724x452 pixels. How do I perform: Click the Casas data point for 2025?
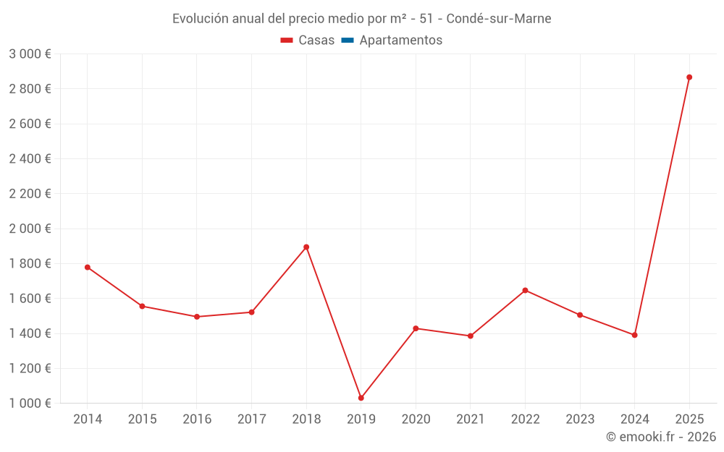tap(689, 77)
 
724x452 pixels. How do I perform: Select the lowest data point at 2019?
tap(361, 398)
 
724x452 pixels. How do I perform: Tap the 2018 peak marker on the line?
tap(306, 247)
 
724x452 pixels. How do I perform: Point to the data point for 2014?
tap(88, 267)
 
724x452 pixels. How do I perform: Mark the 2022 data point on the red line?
tap(525, 291)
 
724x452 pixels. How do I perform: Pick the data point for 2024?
tap(634, 335)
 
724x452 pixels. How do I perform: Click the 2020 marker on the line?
tap(416, 328)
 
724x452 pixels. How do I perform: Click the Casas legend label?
tap(316, 40)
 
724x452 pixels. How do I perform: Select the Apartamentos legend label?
tap(400, 40)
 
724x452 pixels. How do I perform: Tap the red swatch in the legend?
tap(287, 40)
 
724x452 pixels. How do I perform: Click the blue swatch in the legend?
tap(347, 40)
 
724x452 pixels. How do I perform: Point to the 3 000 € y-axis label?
tap(30, 54)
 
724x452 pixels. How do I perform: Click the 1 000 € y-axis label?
tap(30, 404)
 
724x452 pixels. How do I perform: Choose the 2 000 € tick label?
tap(30, 229)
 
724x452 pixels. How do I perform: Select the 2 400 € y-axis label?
tap(30, 159)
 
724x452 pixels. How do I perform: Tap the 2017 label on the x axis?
tap(251, 419)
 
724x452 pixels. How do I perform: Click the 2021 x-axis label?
tap(471, 419)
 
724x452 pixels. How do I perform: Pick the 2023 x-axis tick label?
tap(580, 419)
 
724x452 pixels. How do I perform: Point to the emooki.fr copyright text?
tap(661, 437)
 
